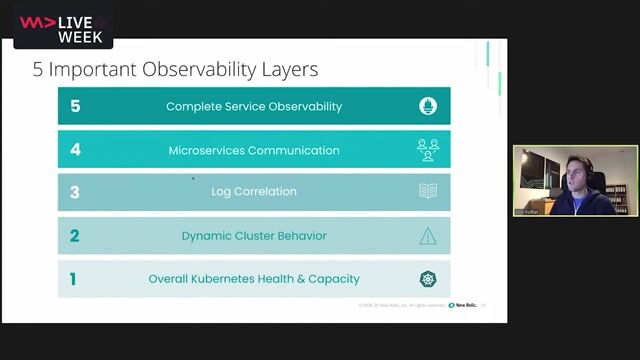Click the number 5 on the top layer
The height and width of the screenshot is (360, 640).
pos(75,106)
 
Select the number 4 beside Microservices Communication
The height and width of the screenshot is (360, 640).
pos(75,150)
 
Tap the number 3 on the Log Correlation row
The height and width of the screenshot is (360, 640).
pos(75,192)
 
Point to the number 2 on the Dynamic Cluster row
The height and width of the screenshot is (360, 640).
pos(75,236)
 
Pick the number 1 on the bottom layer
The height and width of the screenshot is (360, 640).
pos(74,279)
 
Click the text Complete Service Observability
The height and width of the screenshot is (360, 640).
pos(254,106)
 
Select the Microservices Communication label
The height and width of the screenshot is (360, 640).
pos(254,150)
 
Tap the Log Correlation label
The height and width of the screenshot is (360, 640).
pos(254,192)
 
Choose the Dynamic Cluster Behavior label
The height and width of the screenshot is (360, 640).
pos(254,236)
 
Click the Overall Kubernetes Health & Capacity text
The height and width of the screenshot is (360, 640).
pos(254,279)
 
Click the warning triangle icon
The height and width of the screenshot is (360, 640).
pos(428,236)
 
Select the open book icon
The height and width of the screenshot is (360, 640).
pos(428,191)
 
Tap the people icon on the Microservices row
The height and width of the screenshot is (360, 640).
pos(428,150)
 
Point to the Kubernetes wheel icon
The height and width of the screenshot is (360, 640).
pos(428,279)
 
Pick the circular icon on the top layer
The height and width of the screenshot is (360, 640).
pos(428,106)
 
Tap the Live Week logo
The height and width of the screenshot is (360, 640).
pos(63,27)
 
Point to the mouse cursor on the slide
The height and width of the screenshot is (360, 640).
pos(193,179)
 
